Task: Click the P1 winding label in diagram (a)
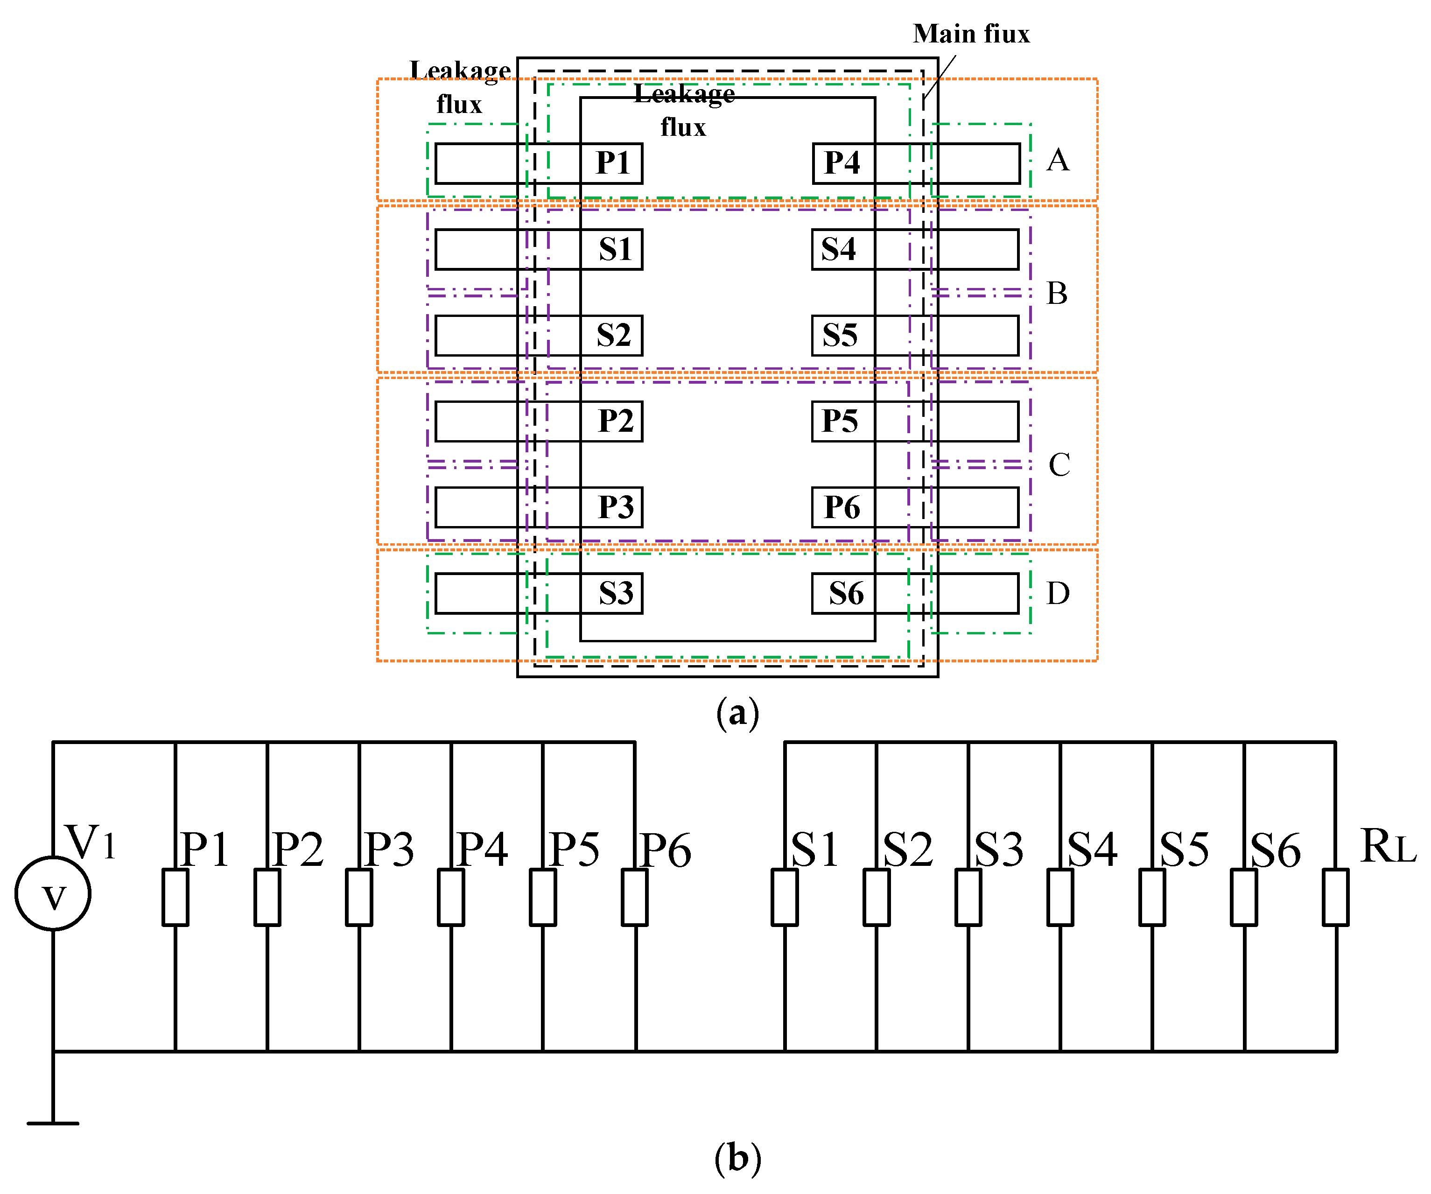click(612, 163)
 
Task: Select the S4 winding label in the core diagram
click(838, 249)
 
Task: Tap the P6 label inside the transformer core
click(842, 507)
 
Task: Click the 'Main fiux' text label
click(971, 34)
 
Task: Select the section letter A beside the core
click(1058, 161)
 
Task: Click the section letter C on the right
click(1059, 465)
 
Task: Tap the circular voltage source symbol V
click(53, 893)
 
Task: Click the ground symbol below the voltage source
click(53, 1123)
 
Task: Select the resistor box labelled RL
click(1336, 897)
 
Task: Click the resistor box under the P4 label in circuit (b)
click(451, 897)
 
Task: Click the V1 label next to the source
click(90, 843)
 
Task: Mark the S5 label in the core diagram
click(840, 335)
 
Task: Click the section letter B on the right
click(1057, 294)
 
